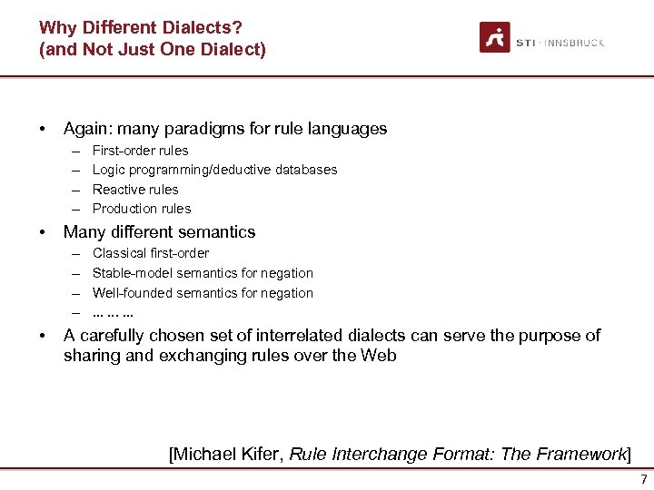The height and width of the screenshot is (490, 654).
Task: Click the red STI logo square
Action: pyautogui.click(x=495, y=37)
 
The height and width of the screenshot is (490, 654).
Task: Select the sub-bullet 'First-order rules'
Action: pyautogui.click(x=141, y=151)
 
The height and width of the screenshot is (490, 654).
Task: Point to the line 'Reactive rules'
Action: pyautogui.click(x=135, y=190)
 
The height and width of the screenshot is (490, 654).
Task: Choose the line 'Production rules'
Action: pyautogui.click(x=142, y=209)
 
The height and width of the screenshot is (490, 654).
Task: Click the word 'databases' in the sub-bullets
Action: pyautogui.click(x=306, y=170)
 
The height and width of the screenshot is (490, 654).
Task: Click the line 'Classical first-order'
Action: pyautogui.click(x=151, y=253)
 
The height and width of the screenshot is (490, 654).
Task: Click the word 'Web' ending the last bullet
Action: pyautogui.click(x=379, y=356)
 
